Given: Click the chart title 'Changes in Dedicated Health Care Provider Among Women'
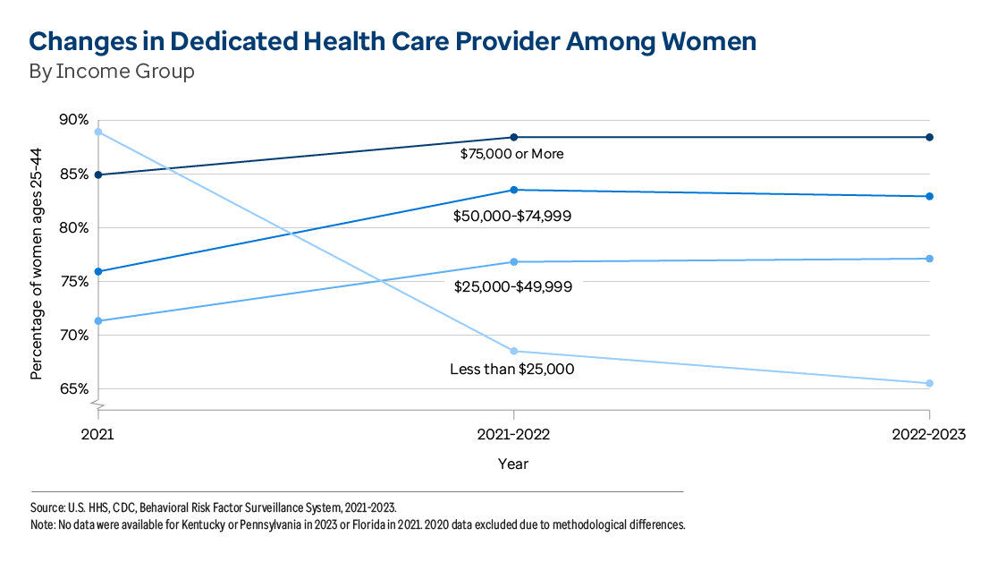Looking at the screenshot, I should click(x=393, y=41).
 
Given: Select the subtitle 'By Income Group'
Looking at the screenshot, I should click(x=112, y=72).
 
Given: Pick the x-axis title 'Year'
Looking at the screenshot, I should click(x=513, y=464).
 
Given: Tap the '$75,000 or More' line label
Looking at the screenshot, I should click(x=511, y=154).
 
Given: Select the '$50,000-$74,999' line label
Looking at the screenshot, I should click(x=512, y=216).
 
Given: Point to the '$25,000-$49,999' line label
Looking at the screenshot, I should click(x=512, y=287).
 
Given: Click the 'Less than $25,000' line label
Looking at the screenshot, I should click(x=511, y=369).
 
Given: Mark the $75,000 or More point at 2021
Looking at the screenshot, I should click(x=98, y=175).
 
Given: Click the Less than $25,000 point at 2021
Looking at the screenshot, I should click(x=98, y=132).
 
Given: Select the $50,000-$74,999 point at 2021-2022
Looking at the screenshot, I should click(x=513, y=190).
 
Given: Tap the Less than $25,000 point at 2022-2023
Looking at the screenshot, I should click(x=930, y=383).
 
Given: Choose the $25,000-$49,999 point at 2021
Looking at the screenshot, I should click(x=98, y=320).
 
